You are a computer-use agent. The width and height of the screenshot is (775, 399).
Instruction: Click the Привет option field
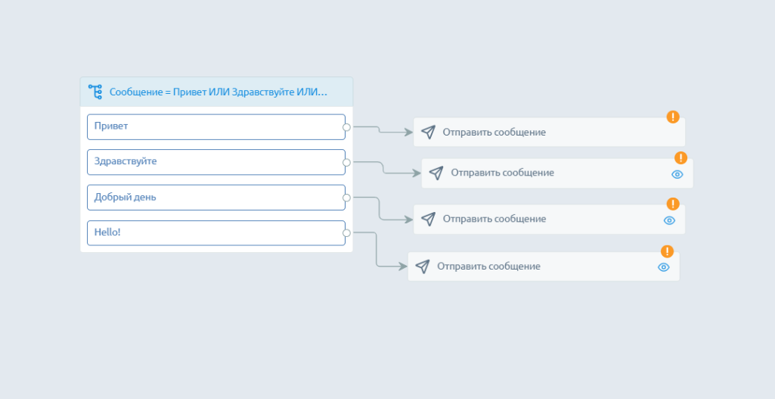pyautogui.click(x=215, y=126)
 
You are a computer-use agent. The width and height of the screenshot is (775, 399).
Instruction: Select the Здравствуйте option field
pyautogui.click(x=215, y=162)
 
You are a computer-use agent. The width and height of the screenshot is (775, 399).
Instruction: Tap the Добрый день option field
pyautogui.click(x=215, y=198)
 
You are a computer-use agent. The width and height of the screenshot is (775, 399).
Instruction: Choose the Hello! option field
pyautogui.click(x=215, y=232)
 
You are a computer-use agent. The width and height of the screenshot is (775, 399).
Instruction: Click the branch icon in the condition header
pyautogui.click(x=95, y=92)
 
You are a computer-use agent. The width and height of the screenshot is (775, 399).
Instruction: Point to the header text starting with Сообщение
pyautogui.click(x=219, y=92)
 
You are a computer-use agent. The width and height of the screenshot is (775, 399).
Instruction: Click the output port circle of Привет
pyautogui.click(x=346, y=127)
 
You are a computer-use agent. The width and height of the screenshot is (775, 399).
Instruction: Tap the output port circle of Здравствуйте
pyautogui.click(x=346, y=162)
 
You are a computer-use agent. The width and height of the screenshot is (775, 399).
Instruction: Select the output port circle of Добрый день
pyautogui.click(x=346, y=198)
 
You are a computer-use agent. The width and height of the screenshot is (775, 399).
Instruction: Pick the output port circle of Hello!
pyautogui.click(x=346, y=233)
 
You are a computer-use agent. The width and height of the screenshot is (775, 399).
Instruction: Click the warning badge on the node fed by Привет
pyautogui.click(x=673, y=117)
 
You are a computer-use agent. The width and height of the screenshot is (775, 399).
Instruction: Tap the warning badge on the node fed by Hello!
pyautogui.click(x=667, y=251)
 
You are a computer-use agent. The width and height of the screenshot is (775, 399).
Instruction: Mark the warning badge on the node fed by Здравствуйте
pyautogui.click(x=680, y=157)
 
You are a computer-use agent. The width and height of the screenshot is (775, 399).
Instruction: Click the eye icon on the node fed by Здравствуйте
pyautogui.click(x=677, y=174)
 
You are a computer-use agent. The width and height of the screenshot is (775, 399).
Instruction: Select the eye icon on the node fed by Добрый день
pyautogui.click(x=669, y=220)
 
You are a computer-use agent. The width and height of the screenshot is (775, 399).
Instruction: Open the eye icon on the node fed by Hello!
pyautogui.click(x=664, y=267)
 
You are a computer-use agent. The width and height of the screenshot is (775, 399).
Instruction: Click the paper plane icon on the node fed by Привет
pyautogui.click(x=428, y=132)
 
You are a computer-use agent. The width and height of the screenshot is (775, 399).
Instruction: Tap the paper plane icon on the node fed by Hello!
pyautogui.click(x=423, y=267)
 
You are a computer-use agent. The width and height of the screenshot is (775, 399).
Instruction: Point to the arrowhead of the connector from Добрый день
pyautogui.click(x=409, y=220)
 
